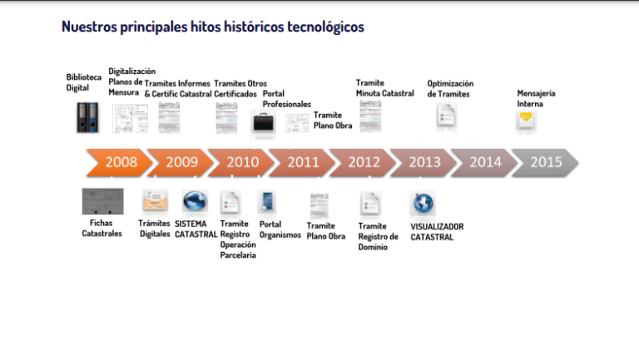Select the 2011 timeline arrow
[302, 162]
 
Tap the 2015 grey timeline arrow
[545, 162]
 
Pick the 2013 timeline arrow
[424, 162]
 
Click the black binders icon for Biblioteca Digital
[87, 118]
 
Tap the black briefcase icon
[263, 122]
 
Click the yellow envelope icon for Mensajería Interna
[526, 120]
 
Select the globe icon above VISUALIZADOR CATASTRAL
[423, 203]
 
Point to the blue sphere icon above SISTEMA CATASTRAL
[196, 200]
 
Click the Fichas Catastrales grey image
[102, 201]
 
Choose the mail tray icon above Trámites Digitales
[155, 200]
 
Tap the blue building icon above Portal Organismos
[267, 202]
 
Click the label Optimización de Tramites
[450, 89]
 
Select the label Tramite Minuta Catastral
[384, 88]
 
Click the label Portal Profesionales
[286, 99]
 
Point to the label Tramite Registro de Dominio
[379, 237]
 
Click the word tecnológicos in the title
[325, 27]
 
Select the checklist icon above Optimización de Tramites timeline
[446, 116]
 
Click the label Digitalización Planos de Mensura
[131, 81]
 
